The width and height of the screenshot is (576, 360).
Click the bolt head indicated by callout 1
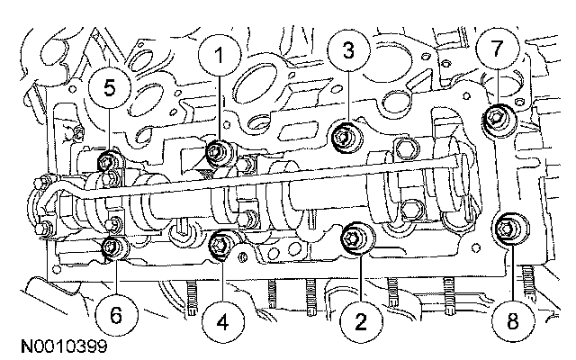(x=217, y=151)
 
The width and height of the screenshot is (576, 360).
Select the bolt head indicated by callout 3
(x=342, y=137)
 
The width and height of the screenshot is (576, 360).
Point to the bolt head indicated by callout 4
(x=221, y=242)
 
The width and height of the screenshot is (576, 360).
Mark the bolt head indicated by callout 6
(x=112, y=246)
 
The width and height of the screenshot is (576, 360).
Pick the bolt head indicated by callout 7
(x=496, y=116)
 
